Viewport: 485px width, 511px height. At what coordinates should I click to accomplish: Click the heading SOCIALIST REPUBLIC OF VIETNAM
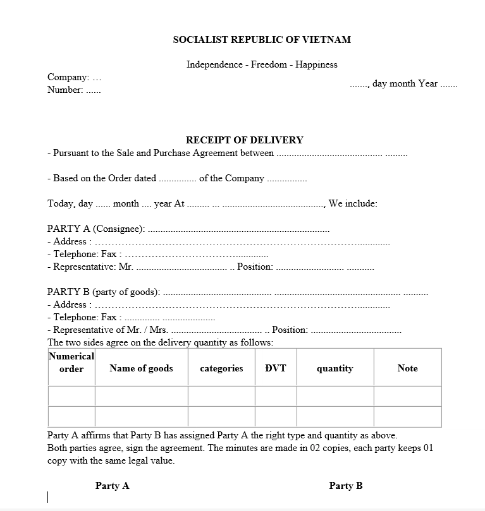point(262,39)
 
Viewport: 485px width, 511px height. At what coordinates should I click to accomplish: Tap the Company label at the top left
point(68,77)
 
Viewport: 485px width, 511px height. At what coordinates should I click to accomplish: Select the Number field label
point(65,90)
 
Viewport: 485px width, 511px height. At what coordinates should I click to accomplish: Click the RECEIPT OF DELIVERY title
point(244,140)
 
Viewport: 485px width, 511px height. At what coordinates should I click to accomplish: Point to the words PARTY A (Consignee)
point(96,229)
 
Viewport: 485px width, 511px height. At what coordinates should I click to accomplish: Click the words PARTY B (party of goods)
point(104,292)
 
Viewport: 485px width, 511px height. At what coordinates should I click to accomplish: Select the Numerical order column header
point(71,363)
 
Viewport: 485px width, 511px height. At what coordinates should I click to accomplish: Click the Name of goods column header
point(141,368)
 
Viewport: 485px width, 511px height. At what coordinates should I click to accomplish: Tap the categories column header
point(221,368)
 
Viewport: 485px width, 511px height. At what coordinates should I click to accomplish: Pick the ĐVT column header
point(275,368)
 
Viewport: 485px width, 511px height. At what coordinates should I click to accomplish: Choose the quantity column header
point(335,368)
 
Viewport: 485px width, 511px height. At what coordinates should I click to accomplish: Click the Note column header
point(407,368)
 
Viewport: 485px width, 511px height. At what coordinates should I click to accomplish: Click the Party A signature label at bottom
point(112,486)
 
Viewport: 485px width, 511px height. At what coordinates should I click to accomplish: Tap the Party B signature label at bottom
point(346,486)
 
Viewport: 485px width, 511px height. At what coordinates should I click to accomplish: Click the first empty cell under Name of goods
point(141,396)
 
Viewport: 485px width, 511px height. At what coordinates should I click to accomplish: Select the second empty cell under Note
point(407,416)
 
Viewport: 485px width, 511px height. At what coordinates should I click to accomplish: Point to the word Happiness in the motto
point(317,64)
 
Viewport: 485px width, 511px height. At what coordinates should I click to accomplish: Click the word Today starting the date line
point(61,203)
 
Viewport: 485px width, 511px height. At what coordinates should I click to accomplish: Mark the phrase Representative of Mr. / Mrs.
point(110,330)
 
